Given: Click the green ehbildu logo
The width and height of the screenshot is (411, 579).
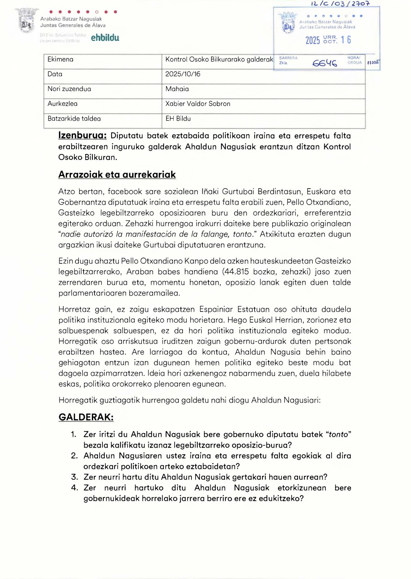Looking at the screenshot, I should tap(105, 38).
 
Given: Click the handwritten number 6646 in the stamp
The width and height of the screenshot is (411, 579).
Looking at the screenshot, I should tap(324, 63).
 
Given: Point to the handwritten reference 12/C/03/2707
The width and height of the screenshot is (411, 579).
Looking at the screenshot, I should tap(340, 4).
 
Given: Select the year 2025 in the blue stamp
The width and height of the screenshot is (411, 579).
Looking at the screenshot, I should tap(312, 40).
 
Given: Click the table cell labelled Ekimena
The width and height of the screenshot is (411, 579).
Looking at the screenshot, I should tap(61, 59).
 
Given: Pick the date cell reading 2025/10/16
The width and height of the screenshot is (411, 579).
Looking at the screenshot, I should tap(183, 74).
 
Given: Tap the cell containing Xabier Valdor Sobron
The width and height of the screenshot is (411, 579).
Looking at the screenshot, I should tap(198, 104).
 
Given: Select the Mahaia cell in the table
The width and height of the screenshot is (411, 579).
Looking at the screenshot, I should tap(177, 89).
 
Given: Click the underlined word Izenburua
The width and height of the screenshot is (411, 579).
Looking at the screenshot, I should tap(82, 135).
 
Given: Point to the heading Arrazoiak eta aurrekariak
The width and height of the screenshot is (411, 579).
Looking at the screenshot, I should tap(117, 175).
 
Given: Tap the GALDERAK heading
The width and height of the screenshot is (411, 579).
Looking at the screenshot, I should tap(86, 417).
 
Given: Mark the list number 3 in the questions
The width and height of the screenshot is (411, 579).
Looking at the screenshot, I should tap(74, 477).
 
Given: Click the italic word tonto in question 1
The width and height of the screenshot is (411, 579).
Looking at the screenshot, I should tap(338, 435).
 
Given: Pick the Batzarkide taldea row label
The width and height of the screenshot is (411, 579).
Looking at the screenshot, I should tap(74, 119).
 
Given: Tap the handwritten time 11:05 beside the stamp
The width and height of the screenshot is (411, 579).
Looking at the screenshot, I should tap(373, 62).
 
